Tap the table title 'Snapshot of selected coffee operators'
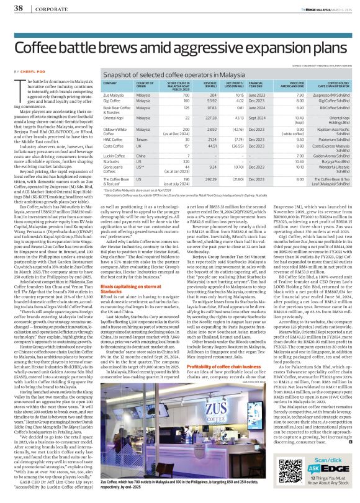(164, 73)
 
